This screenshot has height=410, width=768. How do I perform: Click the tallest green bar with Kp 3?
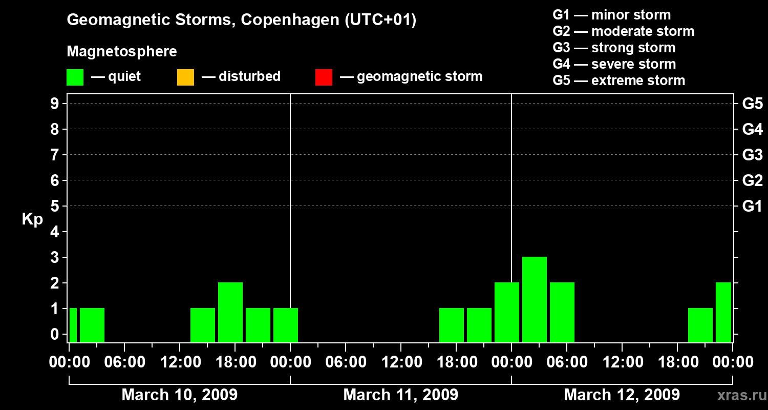coord(534,299)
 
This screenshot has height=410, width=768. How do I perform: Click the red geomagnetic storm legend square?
coord(324,77)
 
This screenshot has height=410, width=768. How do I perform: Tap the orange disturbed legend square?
coord(185,77)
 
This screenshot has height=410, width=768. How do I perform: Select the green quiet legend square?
coord(75,77)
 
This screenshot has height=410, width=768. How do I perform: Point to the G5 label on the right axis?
coord(752,104)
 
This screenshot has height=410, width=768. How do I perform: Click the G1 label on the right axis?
coord(752,207)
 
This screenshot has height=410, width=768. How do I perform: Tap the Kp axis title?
coord(32,219)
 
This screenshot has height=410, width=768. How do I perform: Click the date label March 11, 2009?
coord(400,395)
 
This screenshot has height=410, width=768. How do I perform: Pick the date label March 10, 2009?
coord(179,395)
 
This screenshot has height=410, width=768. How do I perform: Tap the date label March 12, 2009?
coord(622,395)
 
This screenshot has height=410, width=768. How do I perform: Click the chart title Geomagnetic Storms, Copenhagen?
coord(241,20)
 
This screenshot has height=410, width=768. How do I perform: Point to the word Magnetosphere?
coord(122,52)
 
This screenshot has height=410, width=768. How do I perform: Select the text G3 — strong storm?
coord(614,48)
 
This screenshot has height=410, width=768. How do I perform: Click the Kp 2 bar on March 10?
coord(230,312)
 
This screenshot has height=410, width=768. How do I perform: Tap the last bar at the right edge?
coord(723,312)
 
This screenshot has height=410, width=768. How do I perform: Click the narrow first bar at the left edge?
coord(73,325)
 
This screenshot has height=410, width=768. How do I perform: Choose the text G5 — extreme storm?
coord(618,80)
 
